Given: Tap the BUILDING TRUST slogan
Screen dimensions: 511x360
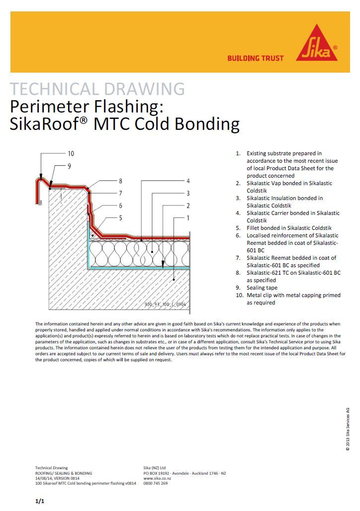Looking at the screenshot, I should pos(256,58).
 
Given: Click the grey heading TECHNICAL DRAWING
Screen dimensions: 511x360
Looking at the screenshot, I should pos(97,90).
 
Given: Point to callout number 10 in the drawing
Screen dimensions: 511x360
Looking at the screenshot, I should pos(71,154).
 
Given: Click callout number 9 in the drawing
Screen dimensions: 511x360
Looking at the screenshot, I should pos(70,165).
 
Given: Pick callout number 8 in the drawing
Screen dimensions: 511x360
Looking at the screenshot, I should pos(120,181).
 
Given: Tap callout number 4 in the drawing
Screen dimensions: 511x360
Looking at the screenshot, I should pos(188,181).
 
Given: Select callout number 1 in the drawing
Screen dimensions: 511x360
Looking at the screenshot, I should pos(188,217).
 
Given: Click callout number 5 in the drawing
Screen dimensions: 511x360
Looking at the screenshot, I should pos(120,217).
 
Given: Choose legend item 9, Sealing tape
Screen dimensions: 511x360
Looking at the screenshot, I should pos(262,288).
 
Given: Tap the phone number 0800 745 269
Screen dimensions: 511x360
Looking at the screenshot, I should pos(155,483).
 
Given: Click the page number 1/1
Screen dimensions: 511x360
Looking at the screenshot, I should pos(40,501).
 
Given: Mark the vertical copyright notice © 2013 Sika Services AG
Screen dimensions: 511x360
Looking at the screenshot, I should pos(348,429).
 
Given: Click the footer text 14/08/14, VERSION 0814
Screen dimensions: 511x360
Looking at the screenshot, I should pos(57,478).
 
